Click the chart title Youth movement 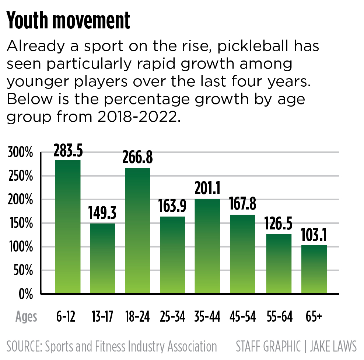(x=69, y=21)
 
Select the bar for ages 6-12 (x=68, y=226)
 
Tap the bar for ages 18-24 (x=138, y=231)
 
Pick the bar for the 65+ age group (x=314, y=269)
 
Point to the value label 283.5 (x=68, y=151)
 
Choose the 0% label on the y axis (x=25, y=294)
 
